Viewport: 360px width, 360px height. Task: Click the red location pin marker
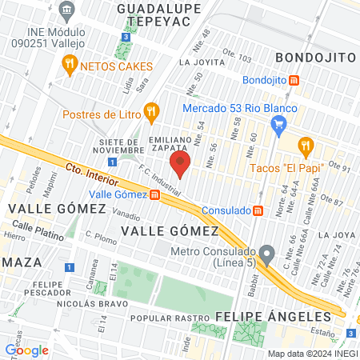point(180,164)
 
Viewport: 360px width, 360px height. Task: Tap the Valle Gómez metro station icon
point(154,194)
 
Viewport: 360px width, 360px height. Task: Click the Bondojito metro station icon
point(295,80)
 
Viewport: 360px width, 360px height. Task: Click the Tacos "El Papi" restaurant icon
point(305,146)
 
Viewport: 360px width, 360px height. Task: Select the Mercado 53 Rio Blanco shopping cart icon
point(278,124)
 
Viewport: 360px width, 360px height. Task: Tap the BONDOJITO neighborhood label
point(315,58)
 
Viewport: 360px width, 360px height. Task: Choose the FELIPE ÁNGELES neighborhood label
point(262,317)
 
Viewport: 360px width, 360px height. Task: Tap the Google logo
point(26,350)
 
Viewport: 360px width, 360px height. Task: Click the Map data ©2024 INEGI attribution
point(313,354)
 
